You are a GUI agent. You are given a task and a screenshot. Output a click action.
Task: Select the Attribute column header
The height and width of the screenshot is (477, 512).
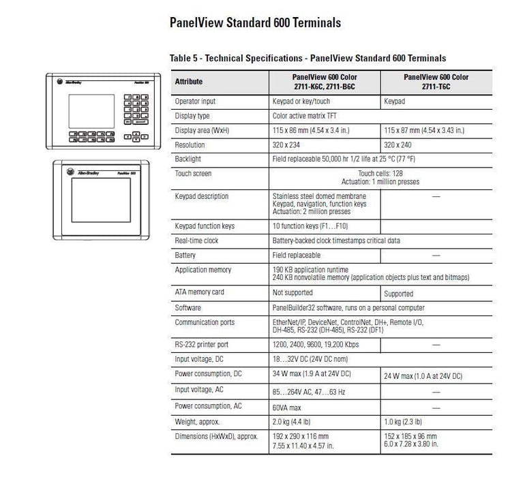pos(189,82)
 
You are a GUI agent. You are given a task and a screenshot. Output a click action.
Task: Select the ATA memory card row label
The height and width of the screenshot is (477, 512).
pos(199,292)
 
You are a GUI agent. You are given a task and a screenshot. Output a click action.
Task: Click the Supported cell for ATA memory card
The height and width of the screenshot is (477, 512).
pos(399,294)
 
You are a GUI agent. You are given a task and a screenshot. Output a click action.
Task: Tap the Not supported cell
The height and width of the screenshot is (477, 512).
pos(293,292)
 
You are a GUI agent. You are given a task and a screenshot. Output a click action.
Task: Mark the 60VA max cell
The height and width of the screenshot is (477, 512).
pos(287,407)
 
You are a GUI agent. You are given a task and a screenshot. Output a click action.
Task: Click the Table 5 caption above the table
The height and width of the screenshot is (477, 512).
pos(307,59)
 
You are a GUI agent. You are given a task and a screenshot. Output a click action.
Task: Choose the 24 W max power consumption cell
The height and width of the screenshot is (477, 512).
pos(423,376)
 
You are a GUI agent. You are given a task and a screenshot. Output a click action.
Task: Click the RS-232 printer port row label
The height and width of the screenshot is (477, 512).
pos(201,345)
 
